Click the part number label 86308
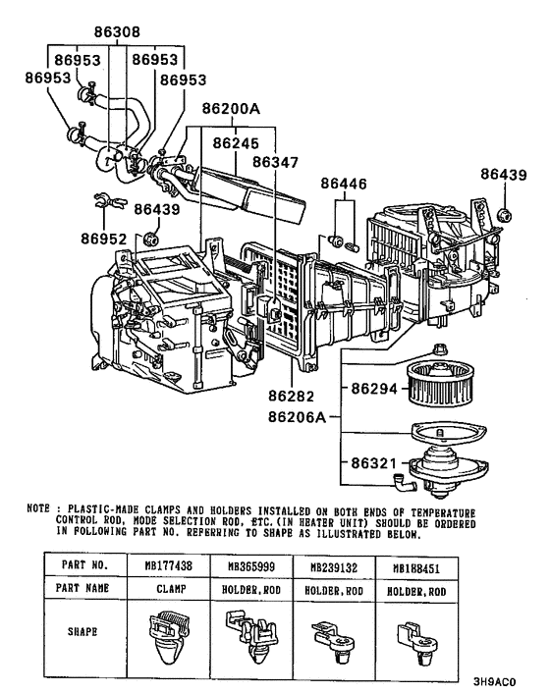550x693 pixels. pyautogui.click(x=116, y=31)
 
